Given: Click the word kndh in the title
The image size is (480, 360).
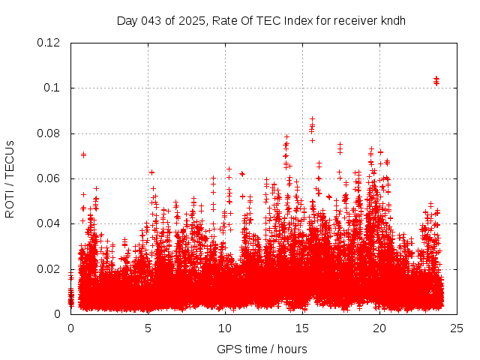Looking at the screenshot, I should point(392,20).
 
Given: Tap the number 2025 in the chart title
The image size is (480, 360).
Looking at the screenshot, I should point(192,20).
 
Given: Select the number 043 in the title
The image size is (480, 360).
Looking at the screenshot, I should point(153,20).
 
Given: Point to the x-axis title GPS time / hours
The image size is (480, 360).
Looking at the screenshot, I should point(262,349).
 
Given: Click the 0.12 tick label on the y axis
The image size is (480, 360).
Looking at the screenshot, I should point(49,43).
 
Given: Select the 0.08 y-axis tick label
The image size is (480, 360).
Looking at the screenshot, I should point(49,133).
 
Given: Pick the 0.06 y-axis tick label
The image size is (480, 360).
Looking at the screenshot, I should point(49,178).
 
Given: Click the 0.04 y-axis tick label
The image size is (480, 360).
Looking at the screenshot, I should point(49,223).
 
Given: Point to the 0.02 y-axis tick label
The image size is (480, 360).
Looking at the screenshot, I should point(49,269).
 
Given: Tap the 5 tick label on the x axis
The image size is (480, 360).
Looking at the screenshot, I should point(148,328).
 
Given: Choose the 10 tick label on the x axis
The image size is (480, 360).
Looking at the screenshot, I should point(226,328).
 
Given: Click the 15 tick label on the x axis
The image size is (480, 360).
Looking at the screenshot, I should point(303,328).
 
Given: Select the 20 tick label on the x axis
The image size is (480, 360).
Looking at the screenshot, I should point(380,328).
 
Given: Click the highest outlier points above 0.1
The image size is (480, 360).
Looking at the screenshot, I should point(436,80).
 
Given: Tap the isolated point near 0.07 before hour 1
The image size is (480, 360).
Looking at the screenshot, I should point(83,154).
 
